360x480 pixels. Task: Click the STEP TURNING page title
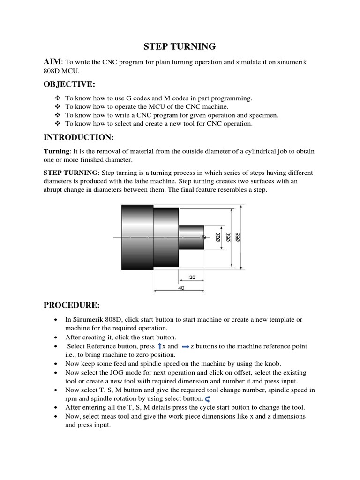(179, 46)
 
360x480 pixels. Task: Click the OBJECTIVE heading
(69, 84)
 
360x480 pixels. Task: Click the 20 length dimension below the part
(192, 277)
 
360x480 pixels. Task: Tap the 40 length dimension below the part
(181, 288)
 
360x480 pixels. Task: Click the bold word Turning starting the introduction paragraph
(56, 151)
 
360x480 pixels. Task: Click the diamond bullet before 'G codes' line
(58, 98)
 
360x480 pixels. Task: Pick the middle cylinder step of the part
(166, 238)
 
